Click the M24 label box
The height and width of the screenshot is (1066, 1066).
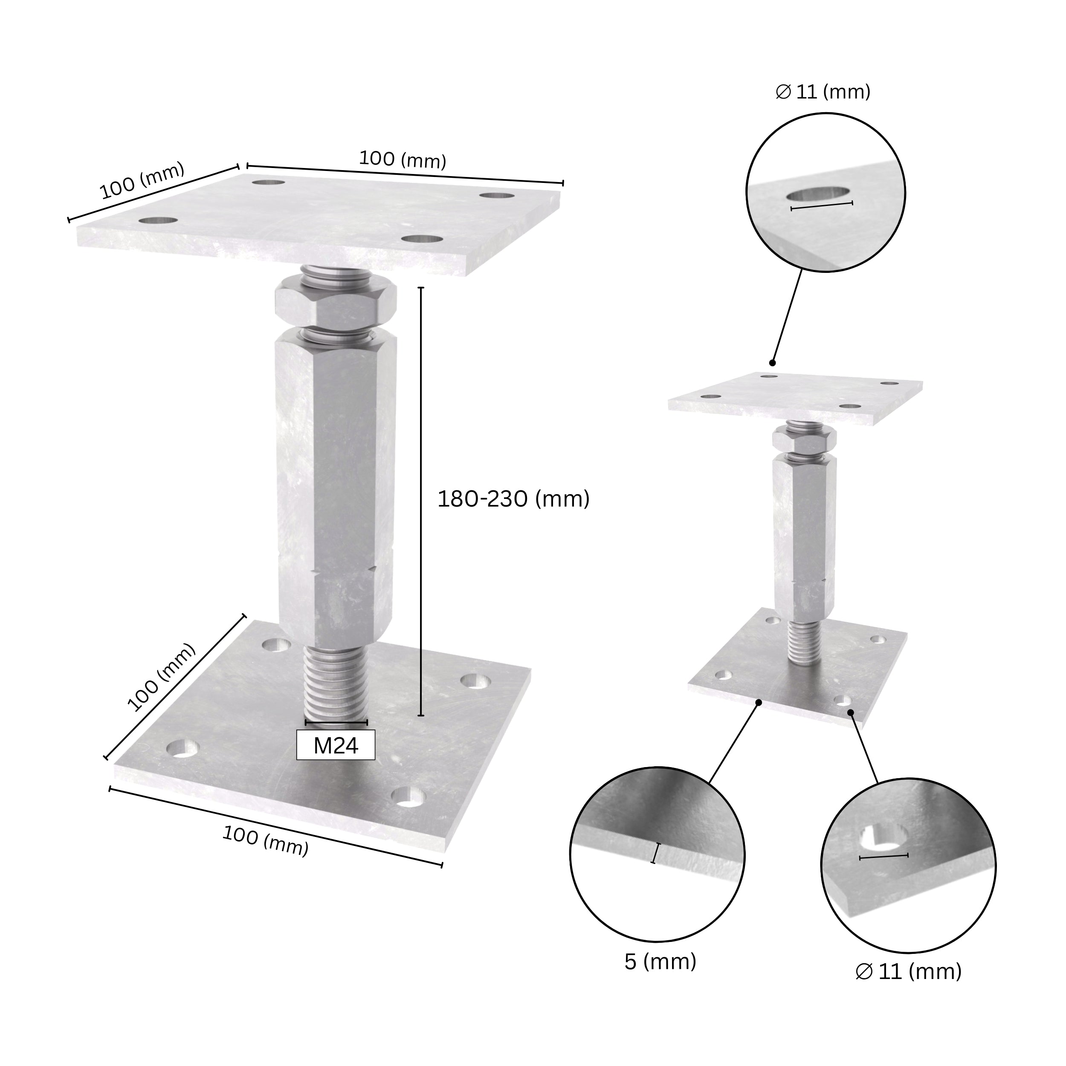point(336,745)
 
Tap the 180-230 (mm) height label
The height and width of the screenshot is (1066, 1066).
point(513,499)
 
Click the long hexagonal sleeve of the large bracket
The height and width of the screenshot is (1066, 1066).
point(336,486)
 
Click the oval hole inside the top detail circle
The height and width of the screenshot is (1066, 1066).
point(818,195)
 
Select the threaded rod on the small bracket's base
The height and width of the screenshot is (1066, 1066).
point(804,643)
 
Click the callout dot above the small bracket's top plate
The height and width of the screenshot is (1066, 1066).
point(773,362)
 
